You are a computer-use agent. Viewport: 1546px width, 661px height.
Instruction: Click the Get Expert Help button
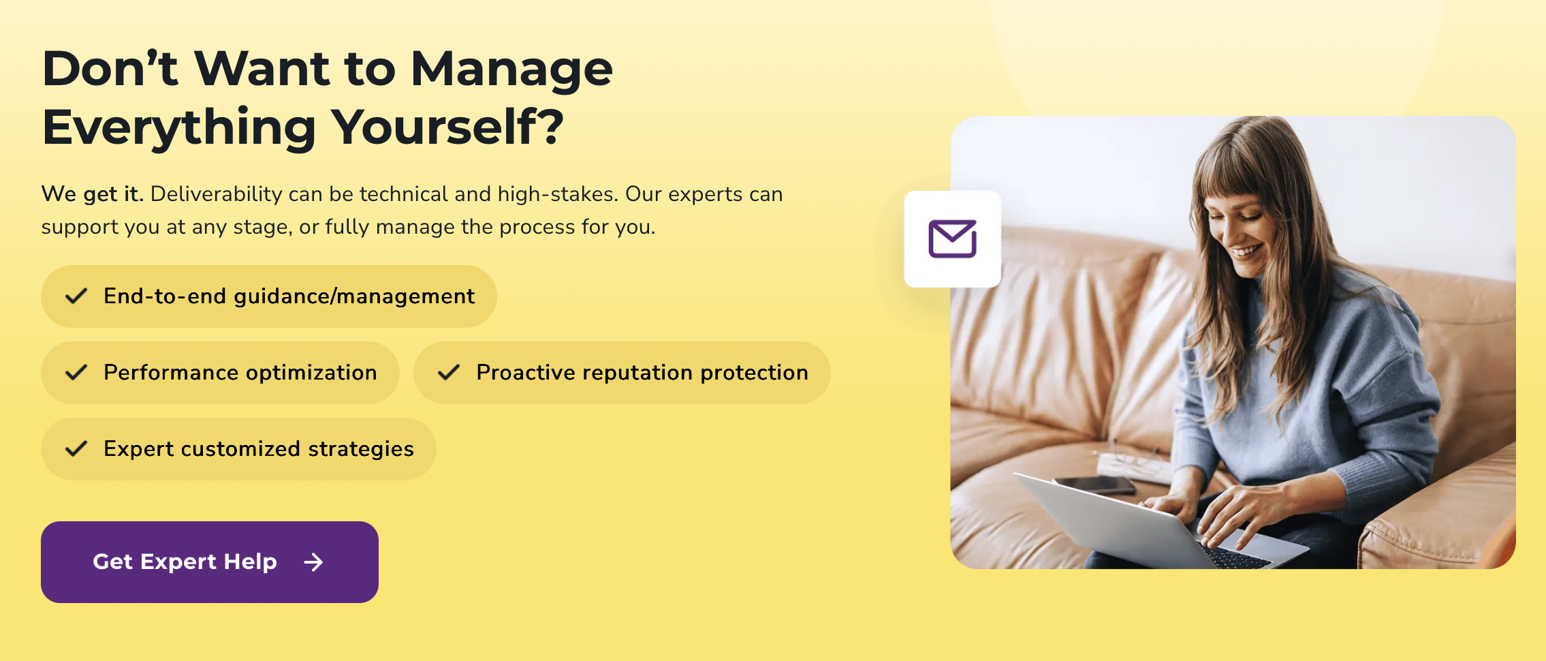(x=210, y=562)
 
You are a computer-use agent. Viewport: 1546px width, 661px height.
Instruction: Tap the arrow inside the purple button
(x=313, y=562)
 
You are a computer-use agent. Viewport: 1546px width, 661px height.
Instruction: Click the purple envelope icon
(x=953, y=239)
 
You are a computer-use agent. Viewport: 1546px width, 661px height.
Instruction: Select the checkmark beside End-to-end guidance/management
(x=76, y=296)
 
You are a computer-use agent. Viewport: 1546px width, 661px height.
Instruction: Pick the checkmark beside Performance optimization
(x=76, y=373)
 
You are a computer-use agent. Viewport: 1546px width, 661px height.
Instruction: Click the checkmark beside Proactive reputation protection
(x=449, y=373)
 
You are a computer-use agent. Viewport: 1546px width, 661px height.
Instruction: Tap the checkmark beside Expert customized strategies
(x=76, y=449)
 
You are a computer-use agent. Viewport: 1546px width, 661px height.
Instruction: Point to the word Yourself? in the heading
(x=447, y=127)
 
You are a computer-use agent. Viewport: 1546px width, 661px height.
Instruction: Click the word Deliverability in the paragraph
(x=216, y=194)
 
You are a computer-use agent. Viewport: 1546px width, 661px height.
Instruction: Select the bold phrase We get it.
(x=92, y=194)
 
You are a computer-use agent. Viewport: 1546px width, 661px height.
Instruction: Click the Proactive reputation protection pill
(x=622, y=373)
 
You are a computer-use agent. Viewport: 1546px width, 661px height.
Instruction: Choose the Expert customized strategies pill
(x=238, y=449)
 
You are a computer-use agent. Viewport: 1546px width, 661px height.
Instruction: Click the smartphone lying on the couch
(x=1094, y=485)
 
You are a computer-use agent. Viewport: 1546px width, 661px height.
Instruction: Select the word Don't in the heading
(x=110, y=70)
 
